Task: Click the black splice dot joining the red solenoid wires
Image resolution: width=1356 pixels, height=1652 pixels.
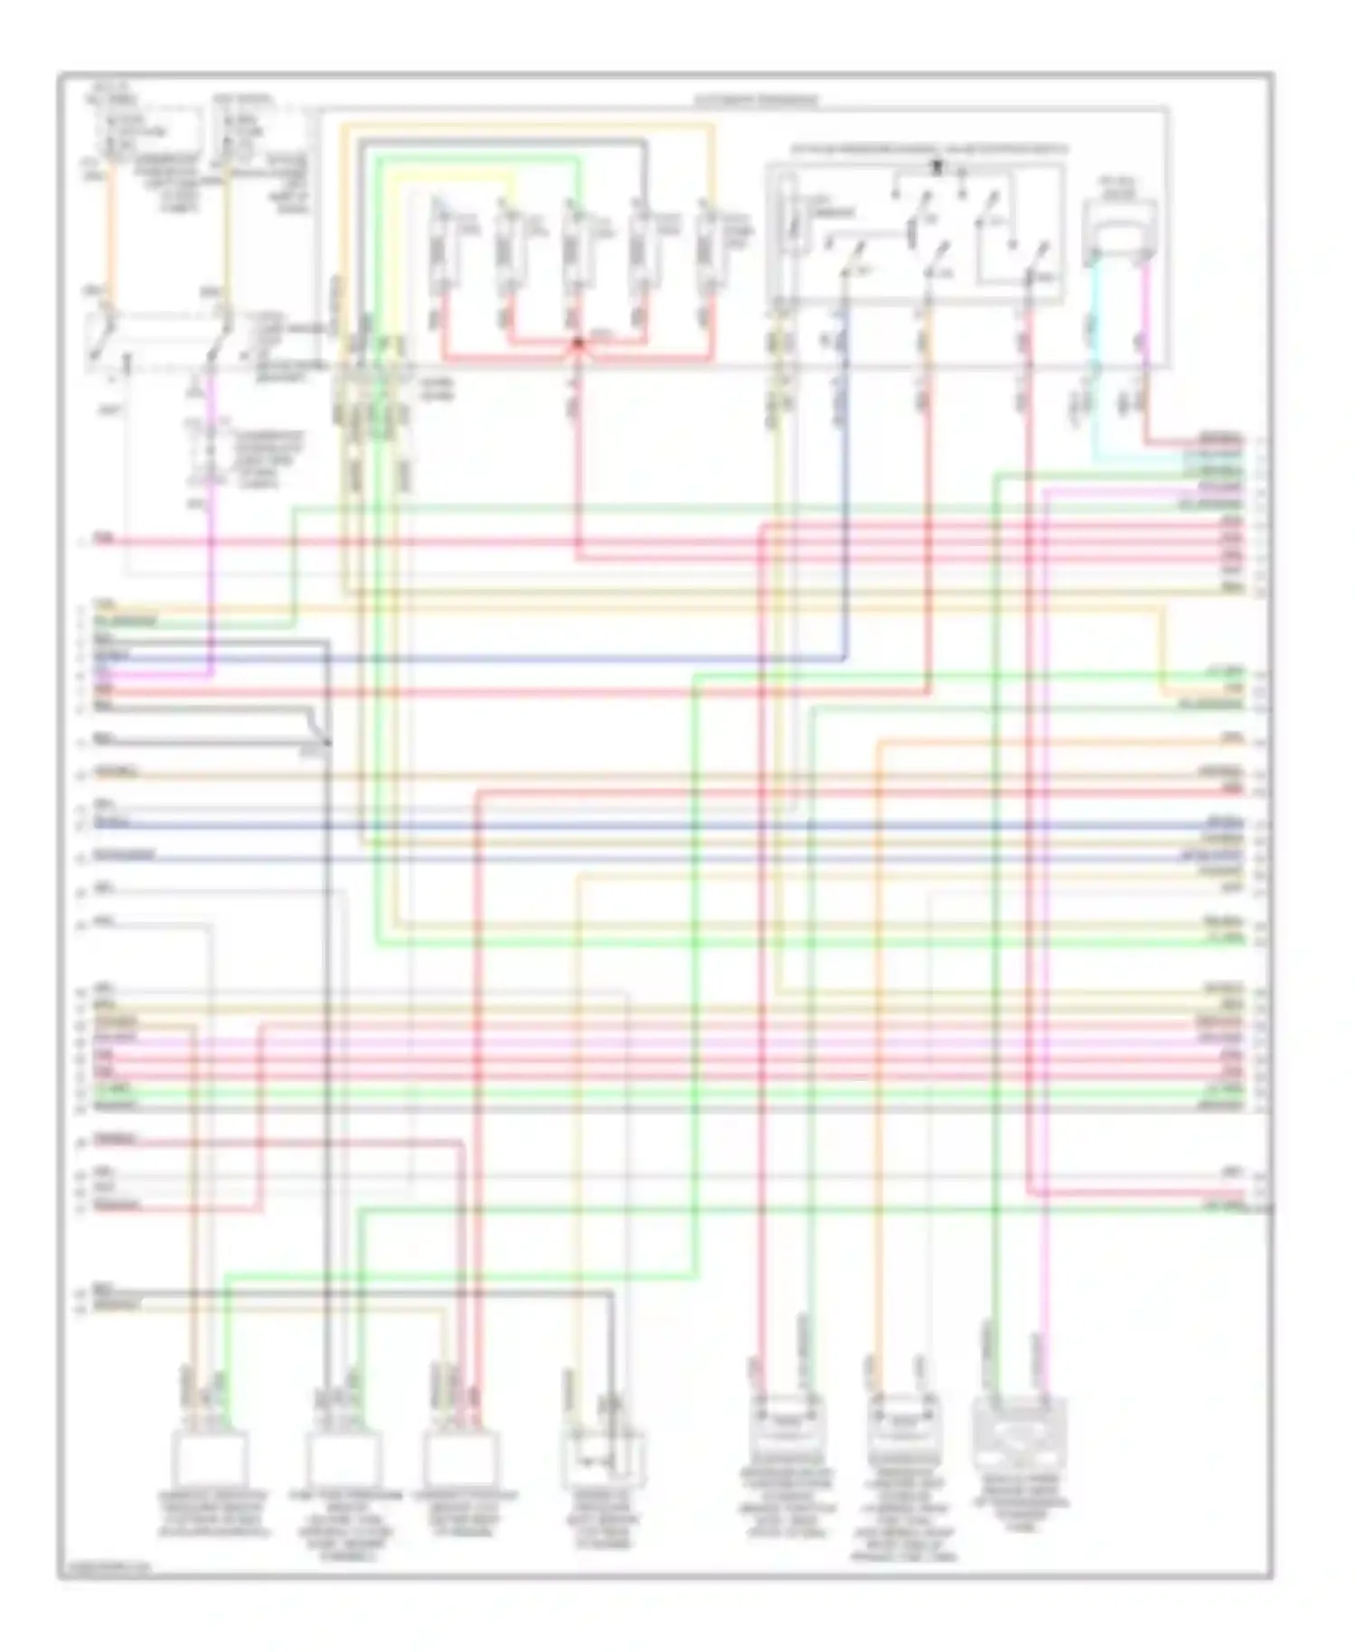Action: [x=578, y=343]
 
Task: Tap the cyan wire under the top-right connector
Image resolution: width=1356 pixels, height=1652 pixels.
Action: [x=1093, y=361]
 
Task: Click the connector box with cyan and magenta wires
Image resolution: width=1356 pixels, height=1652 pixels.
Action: [x=1119, y=233]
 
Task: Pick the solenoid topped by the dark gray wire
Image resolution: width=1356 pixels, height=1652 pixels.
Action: [x=641, y=249]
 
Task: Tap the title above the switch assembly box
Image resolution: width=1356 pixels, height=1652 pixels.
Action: [x=928, y=148]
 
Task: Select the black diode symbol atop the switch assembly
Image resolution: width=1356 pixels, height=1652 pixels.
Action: [x=937, y=167]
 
